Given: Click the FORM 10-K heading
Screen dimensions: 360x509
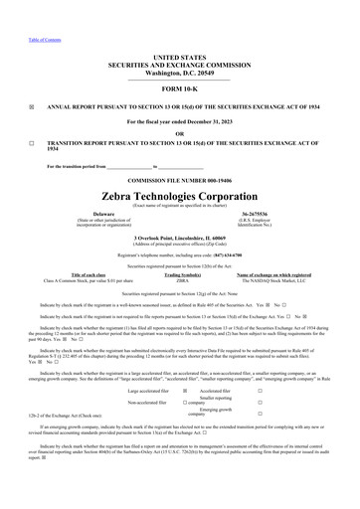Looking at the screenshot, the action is (180, 88).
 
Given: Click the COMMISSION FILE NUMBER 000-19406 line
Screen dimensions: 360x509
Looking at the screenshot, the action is (180, 180).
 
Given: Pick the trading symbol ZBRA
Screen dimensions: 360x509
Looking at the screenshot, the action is (181, 281).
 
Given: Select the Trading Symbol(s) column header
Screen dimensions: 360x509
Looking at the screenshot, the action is (181, 275).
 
